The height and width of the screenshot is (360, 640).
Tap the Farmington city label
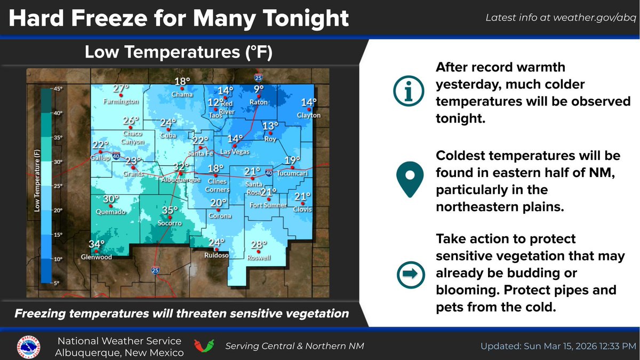[121, 101]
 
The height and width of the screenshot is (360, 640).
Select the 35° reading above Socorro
[170, 210]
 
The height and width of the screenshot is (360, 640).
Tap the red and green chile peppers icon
[204, 345]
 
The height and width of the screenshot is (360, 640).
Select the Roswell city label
[259, 258]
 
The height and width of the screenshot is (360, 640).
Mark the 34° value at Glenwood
[96, 244]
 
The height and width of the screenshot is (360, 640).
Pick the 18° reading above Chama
[182, 82]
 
